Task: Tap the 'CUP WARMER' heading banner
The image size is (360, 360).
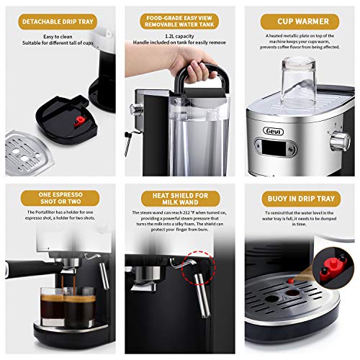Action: click(299, 22)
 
